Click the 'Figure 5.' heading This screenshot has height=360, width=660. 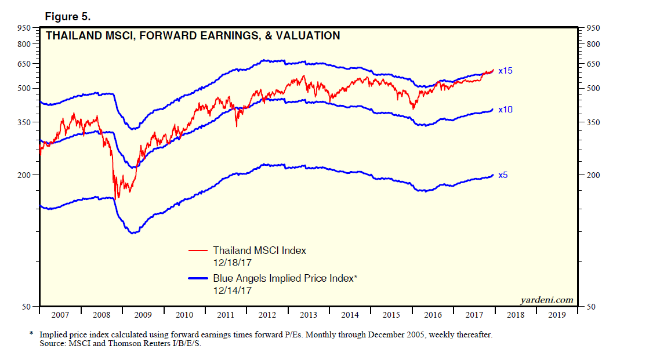68,16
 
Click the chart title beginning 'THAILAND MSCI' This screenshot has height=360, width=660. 193,36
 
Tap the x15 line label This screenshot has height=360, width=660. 505,71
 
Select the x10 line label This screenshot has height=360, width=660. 505,109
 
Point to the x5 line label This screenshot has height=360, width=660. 503,174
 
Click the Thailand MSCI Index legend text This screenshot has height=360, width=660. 259,250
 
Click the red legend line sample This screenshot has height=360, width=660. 198,251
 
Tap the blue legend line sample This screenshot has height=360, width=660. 198,279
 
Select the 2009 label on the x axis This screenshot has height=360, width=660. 143,315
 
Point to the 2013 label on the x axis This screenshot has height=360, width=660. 308,315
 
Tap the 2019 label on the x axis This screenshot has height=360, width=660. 556,315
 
